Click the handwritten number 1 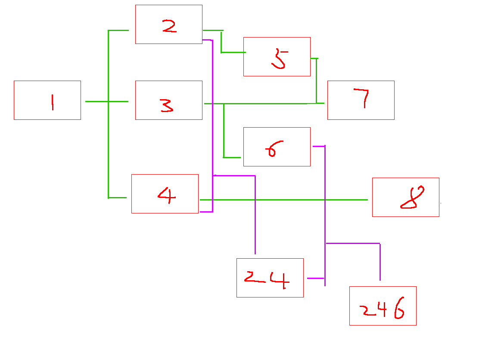tap(53, 102)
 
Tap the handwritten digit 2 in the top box tap(169, 26)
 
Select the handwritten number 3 tap(167, 106)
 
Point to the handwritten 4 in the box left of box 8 tap(167, 195)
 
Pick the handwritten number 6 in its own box tap(274, 149)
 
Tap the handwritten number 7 tap(361, 98)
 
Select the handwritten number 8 tap(412, 197)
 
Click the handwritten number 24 tap(267, 279)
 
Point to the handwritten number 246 tap(382, 308)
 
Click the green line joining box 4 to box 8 tap(284, 200)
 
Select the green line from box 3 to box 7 tap(264, 103)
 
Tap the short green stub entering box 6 tap(232, 157)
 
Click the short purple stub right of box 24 tap(316, 279)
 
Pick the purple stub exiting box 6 tap(319, 147)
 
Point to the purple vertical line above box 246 tap(380, 262)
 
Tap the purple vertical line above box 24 tap(255, 215)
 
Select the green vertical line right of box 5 tap(316, 81)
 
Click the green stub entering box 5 tap(233, 53)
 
